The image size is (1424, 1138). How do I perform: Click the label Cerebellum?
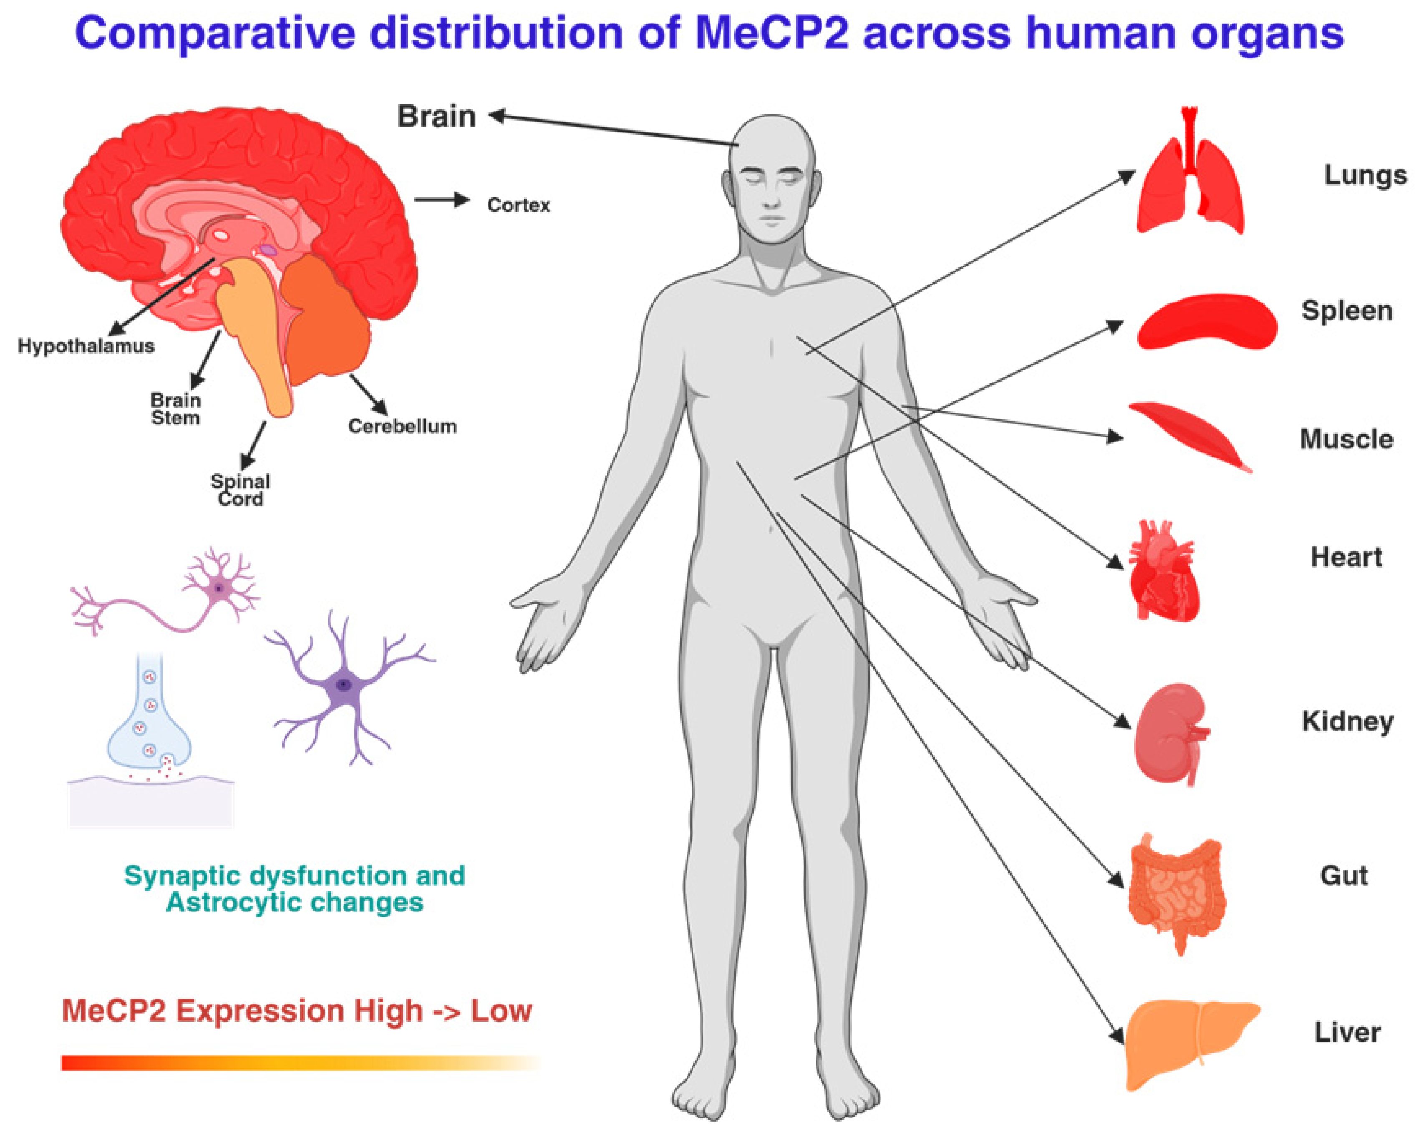[402, 426]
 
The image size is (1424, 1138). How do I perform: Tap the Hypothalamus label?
[86, 346]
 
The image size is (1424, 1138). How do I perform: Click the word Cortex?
[519, 205]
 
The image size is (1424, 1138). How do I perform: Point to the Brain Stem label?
[176, 409]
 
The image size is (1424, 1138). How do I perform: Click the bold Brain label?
[436, 116]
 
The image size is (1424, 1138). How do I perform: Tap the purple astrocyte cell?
[343, 685]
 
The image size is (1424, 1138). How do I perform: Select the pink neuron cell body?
[217, 587]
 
